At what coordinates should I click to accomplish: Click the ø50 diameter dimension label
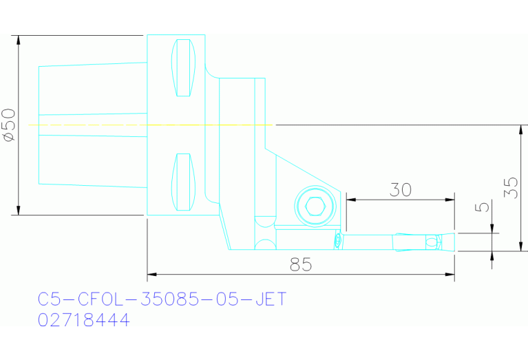click(9, 125)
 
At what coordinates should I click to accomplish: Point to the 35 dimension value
click(510, 187)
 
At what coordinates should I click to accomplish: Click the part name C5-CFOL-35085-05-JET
click(162, 299)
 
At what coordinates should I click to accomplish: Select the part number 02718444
click(83, 320)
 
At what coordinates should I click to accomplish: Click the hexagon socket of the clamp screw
click(316, 206)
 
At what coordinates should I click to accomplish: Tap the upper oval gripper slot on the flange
click(182, 68)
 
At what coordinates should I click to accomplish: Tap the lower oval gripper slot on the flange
click(182, 182)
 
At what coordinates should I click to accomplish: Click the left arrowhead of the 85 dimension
click(152, 275)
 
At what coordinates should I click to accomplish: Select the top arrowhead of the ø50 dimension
click(19, 39)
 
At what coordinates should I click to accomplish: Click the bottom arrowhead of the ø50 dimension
click(19, 210)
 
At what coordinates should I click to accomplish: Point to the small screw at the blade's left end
click(338, 240)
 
